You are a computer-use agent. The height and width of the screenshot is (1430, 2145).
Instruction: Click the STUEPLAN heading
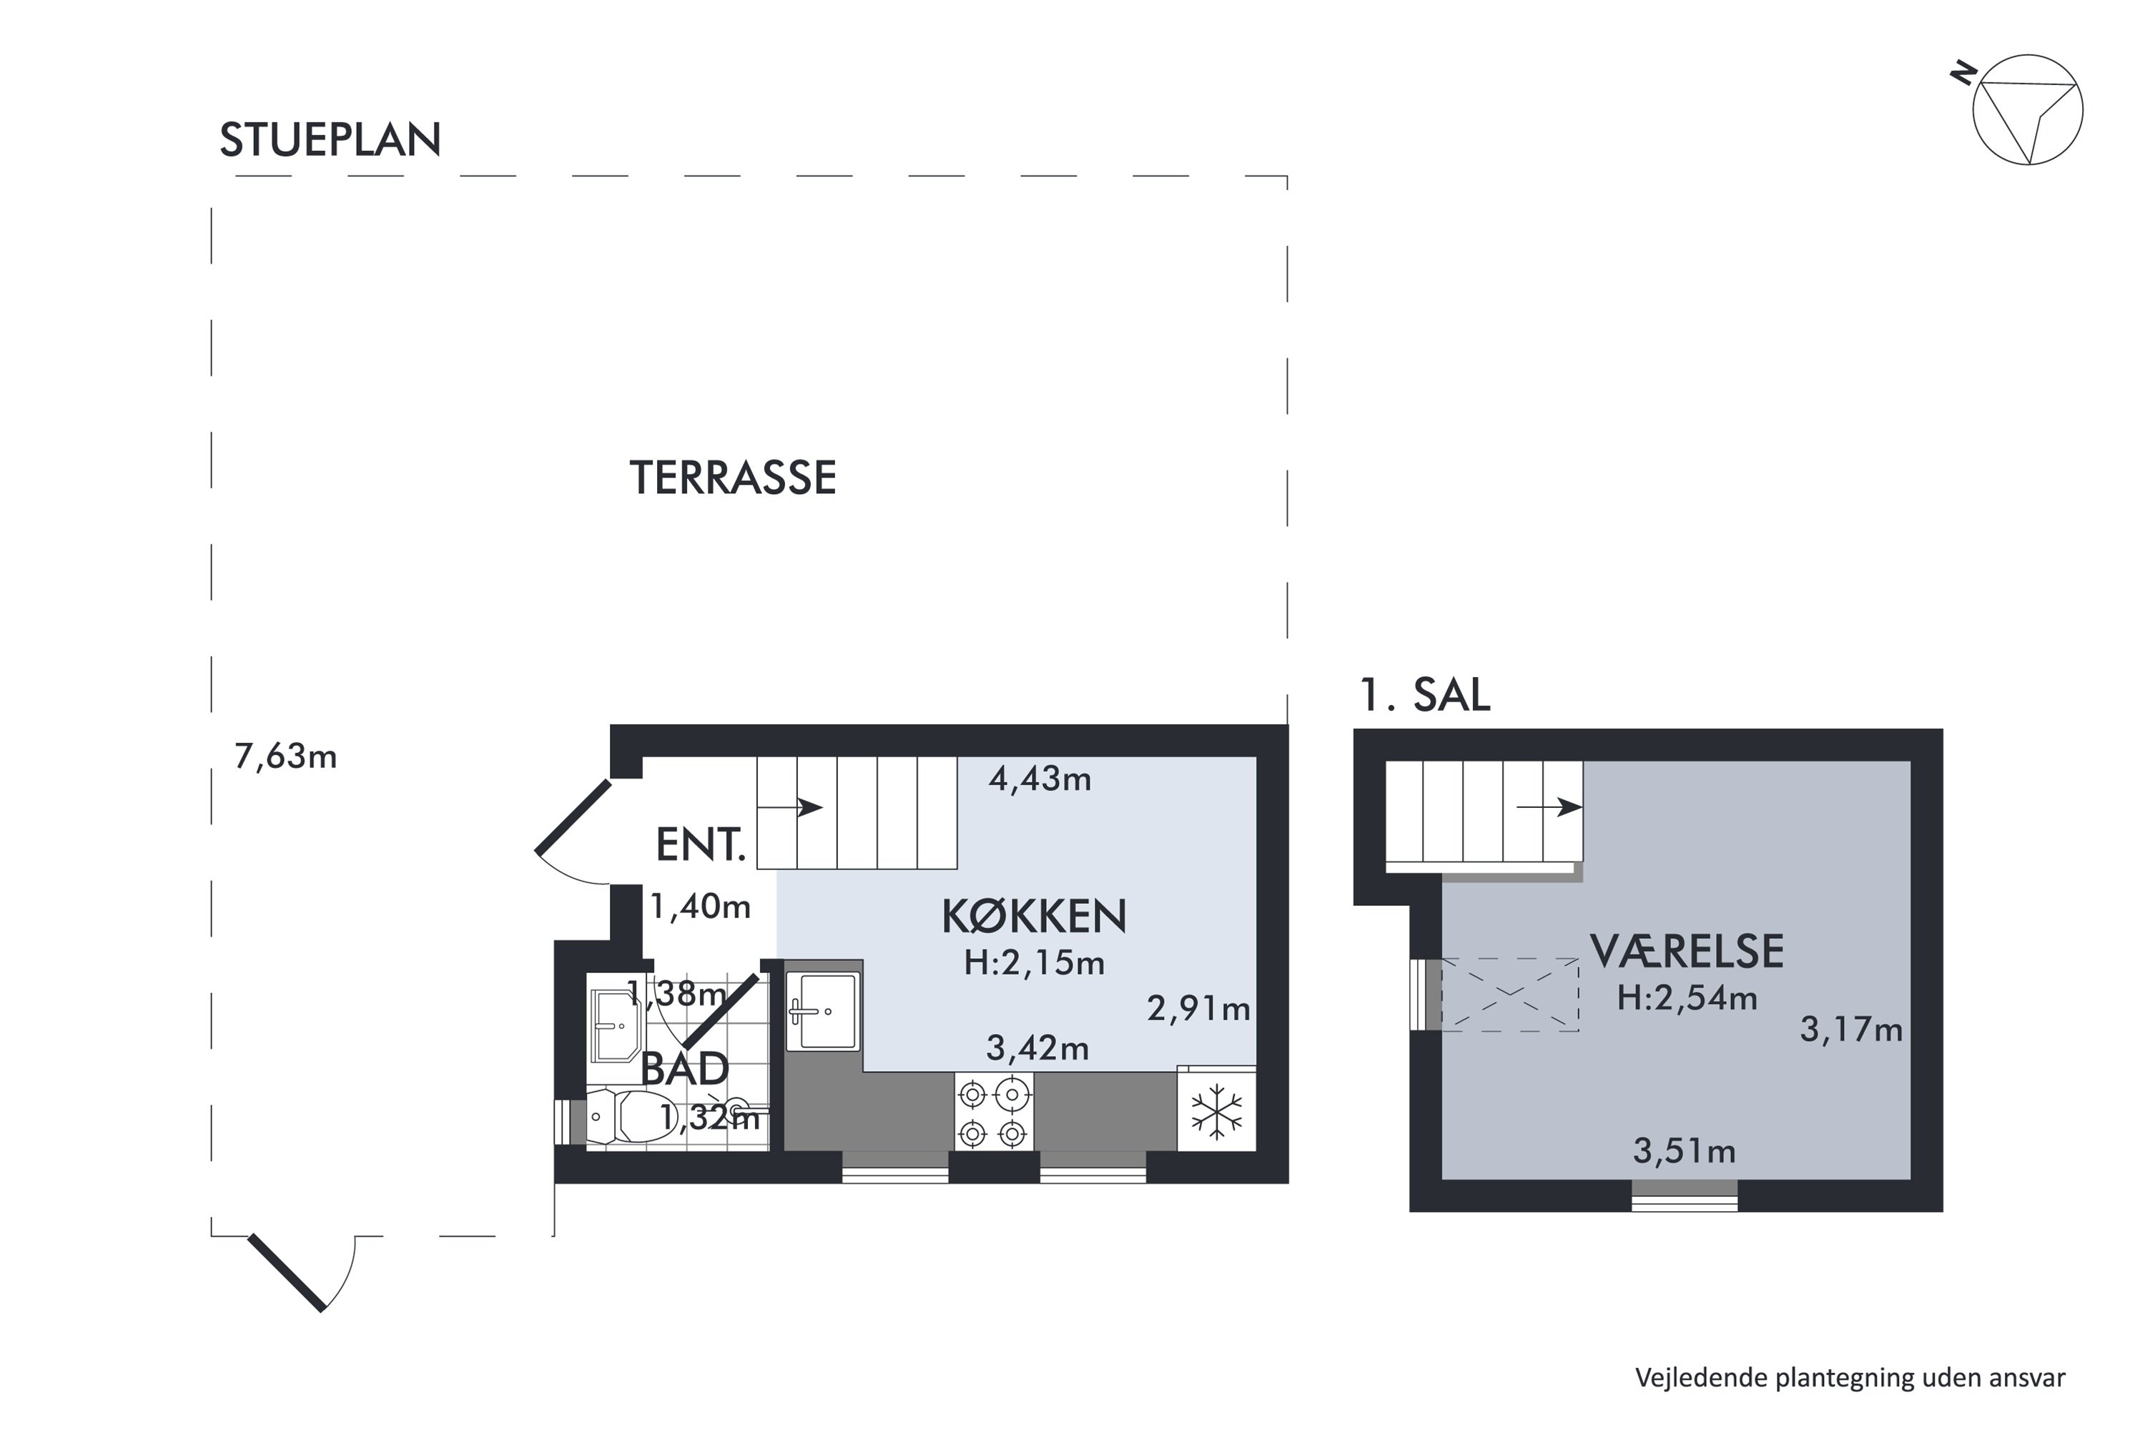point(330,140)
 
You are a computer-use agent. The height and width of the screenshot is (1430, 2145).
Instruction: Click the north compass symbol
point(2026,110)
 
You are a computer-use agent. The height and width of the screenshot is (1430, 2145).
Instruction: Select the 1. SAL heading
point(1424,695)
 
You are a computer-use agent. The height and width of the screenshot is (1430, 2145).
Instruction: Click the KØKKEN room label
point(1033,917)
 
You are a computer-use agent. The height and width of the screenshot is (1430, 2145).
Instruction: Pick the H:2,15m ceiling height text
point(1033,963)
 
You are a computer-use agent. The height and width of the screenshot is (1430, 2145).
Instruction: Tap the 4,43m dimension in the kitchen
point(1039,779)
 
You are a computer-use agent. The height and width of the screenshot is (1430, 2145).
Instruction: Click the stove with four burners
point(993,1112)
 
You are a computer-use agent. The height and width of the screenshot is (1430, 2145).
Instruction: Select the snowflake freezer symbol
point(1217,1112)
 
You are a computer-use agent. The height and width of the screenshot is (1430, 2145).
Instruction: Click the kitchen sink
point(824,1010)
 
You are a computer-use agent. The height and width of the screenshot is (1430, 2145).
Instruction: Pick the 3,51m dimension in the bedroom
point(1684,1152)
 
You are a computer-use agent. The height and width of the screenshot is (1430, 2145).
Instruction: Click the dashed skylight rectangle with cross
point(1509,994)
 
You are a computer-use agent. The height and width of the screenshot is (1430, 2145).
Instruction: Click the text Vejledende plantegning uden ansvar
point(1850,1378)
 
